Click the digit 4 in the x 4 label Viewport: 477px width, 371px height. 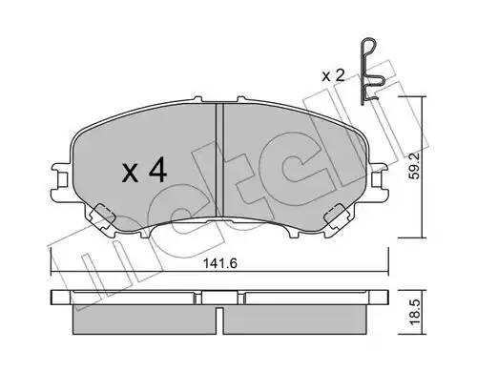point(157,172)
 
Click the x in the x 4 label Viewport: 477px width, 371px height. point(132,174)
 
